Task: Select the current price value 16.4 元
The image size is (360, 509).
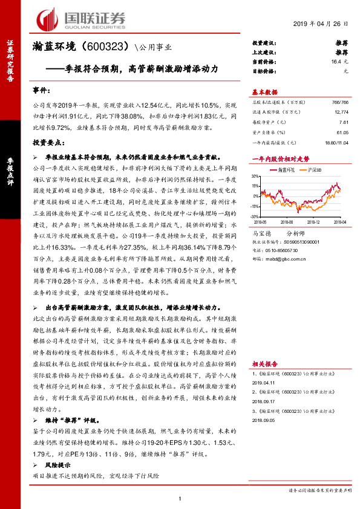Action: click(344, 62)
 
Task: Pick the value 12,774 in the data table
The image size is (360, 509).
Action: click(340, 112)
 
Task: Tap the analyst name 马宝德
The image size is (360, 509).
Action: click(261, 233)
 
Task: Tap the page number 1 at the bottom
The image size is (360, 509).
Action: click(180, 499)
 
